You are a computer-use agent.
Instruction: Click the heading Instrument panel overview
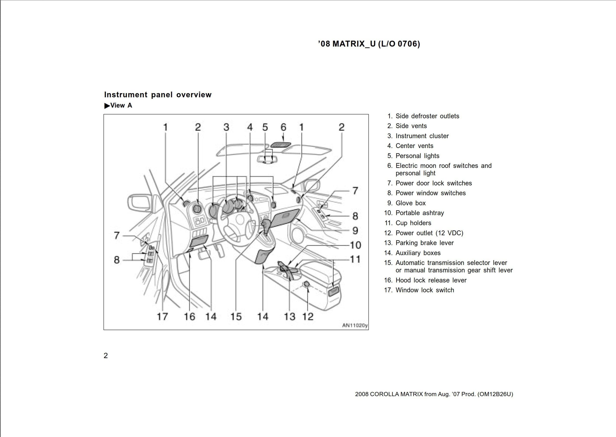click(x=158, y=95)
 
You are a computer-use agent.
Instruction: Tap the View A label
click(x=118, y=105)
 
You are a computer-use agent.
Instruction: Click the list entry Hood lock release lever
click(x=431, y=280)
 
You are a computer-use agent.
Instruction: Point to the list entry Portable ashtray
click(x=419, y=213)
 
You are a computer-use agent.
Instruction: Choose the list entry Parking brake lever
click(x=424, y=243)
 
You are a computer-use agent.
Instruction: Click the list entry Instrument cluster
click(x=422, y=136)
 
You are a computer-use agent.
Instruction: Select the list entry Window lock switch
click(x=424, y=290)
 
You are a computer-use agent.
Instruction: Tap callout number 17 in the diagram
click(x=162, y=316)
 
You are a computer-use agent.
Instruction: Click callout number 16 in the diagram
click(x=189, y=316)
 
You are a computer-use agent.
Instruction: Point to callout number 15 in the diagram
click(x=236, y=316)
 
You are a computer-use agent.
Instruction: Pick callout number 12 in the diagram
click(x=308, y=316)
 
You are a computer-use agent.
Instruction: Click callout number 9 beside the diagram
click(x=355, y=231)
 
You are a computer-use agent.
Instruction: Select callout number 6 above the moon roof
click(x=283, y=127)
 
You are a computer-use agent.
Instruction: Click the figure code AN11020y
click(x=354, y=325)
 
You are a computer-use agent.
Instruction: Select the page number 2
click(x=106, y=355)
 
